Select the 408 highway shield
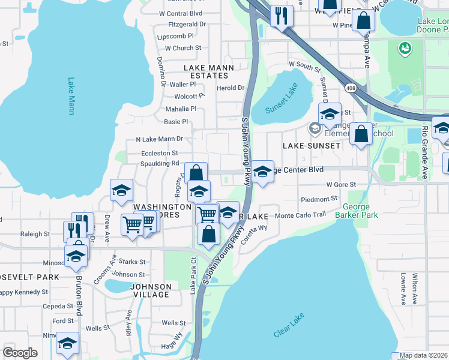click(x=349, y=88)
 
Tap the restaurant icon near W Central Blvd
click(x=281, y=16)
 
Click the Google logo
click(x=20, y=353)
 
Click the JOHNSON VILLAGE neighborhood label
click(x=150, y=290)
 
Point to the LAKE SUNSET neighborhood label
click(x=312, y=146)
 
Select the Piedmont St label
click(x=319, y=199)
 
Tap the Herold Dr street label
click(x=231, y=88)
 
